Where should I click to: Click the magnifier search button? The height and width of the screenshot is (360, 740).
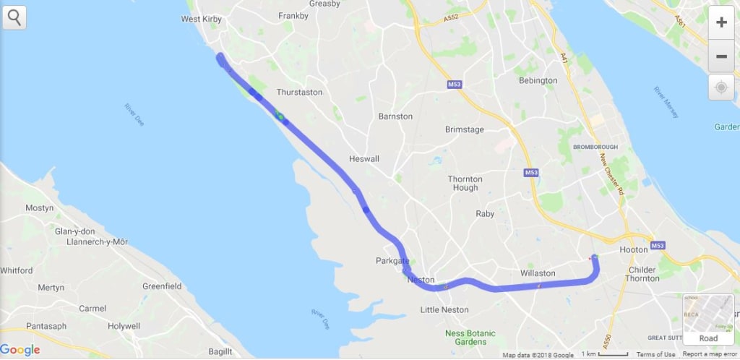click(x=14, y=17)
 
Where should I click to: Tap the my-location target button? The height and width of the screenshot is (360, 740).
click(x=720, y=88)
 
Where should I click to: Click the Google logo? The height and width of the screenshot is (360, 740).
click(x=20, y=350)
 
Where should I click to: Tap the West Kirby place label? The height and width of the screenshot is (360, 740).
click(x=202, y=20)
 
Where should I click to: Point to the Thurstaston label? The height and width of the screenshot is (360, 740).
click(x=298, y=93)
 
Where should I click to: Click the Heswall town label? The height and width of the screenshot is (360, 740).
click(x=363, y=158)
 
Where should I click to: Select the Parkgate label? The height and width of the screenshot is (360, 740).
click(x=392, y=260)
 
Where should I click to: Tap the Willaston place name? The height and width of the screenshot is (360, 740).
click(x=538, y=273)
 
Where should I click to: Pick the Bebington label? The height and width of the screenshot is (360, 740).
click(x=538, y=80)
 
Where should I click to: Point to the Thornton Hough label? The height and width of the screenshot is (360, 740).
click(x=465, y=183)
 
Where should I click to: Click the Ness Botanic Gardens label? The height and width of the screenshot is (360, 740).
click(x=470, y=338)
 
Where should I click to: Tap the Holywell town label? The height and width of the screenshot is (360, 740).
click(x=124, y=326)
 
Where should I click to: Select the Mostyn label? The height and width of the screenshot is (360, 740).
click(x=39, y=208)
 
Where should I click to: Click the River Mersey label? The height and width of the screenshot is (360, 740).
click(x=668, y=101)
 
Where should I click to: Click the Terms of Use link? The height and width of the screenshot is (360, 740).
click(x=655, y=354)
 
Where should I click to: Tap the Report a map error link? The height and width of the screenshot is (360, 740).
click(x=710, y=354)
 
